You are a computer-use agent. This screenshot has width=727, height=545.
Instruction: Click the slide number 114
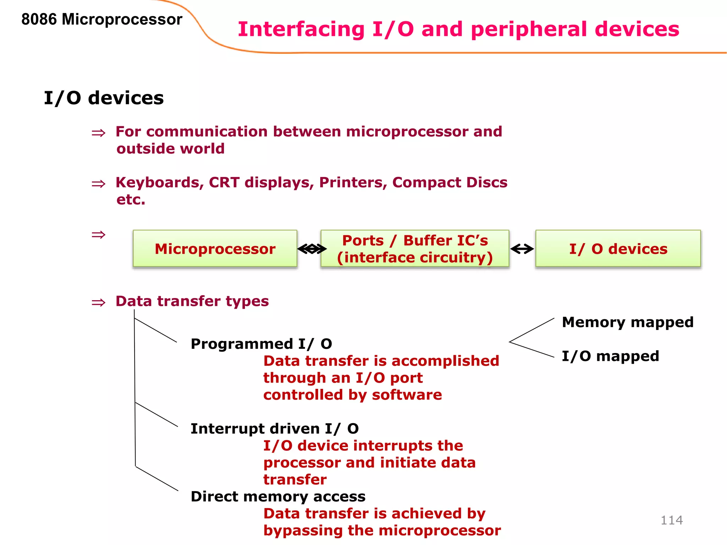(671, 520)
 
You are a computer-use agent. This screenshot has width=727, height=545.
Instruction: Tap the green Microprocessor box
(215, 248)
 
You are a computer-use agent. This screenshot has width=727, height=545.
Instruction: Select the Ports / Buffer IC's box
(415, 248)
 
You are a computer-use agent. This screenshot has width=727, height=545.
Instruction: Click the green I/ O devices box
(618, 248)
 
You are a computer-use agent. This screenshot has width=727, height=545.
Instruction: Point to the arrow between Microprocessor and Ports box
(312, 249)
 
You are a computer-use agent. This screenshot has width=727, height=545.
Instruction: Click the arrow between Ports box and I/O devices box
(522, 249)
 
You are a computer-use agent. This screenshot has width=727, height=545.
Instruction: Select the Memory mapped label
(627, 322)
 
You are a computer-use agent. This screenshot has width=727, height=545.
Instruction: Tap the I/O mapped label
(610, 356)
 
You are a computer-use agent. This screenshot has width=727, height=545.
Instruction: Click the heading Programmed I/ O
(261, 344)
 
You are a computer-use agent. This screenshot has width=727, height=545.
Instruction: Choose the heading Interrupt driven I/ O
(274, 429)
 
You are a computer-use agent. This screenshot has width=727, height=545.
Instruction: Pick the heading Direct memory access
(278, 496)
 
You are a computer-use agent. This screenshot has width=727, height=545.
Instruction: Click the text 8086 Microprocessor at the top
(102, 19)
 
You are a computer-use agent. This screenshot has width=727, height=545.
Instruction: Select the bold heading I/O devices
(104, 98)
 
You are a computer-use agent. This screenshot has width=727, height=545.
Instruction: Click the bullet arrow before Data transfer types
(98, 303)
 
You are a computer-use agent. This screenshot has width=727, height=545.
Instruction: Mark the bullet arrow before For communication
(98, 133)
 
